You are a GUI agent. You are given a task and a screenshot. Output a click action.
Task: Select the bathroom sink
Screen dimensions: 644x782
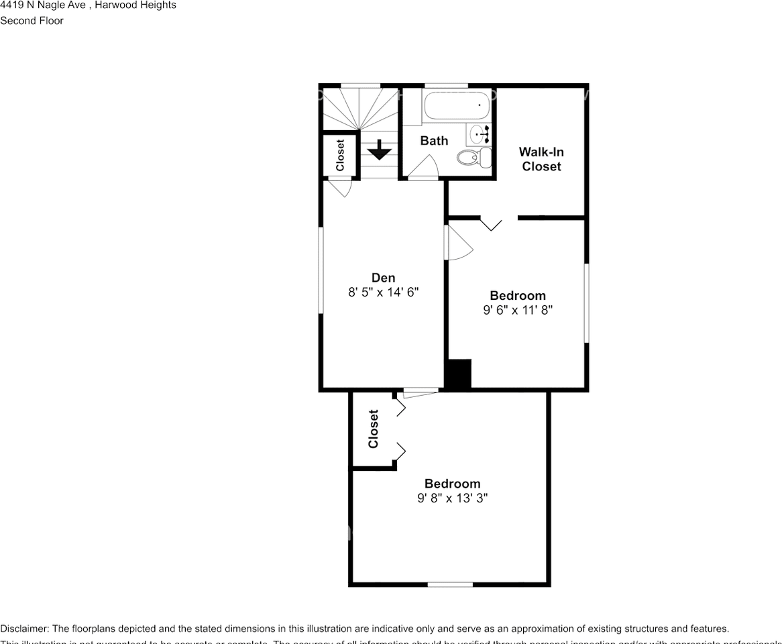point(480,133)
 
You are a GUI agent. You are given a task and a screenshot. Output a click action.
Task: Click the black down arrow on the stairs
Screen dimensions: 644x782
point(380,149)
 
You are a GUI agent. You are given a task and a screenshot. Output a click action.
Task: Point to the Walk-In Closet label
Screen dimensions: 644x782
point(541,160)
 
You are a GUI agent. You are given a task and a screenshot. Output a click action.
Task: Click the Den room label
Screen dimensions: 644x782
point(383,278)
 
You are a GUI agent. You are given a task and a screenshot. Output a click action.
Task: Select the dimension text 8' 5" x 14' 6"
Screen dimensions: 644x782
point(383,292)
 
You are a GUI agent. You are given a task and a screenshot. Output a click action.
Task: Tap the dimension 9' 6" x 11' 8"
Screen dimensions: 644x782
point(517,310)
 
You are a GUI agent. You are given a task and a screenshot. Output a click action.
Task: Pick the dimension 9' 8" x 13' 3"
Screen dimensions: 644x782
point(451,498)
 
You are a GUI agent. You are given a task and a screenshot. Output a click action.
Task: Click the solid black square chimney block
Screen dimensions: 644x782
point(459,374)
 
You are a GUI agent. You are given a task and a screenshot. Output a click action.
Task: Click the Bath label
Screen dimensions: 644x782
point(434,141)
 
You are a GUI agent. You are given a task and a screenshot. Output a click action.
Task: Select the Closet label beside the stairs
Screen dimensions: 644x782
point(340,155)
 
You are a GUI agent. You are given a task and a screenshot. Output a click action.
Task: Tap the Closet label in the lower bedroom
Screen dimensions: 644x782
point(374,429)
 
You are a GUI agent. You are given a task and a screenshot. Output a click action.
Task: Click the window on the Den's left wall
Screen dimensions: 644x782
point(321,270)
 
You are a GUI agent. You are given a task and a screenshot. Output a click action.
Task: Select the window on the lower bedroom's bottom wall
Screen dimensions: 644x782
point(450,584)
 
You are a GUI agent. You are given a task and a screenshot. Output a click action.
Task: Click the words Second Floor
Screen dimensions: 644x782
point(32,21)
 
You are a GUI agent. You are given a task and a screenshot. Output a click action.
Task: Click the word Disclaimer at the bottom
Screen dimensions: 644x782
point(24,629)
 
